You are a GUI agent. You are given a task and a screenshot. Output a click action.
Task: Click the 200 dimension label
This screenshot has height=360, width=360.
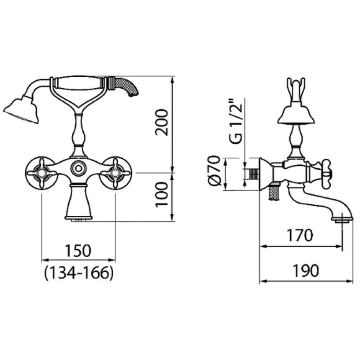click(161, 123)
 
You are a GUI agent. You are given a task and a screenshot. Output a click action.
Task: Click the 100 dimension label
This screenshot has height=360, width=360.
click(161, 194)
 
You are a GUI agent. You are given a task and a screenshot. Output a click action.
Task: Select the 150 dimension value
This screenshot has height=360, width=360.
click(78, 251)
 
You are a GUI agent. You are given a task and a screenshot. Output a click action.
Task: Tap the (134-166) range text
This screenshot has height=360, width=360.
click(79, 273)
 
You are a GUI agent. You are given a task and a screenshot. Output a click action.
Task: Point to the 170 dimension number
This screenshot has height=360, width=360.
click(300, 235)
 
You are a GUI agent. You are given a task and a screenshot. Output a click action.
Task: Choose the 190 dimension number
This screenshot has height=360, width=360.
click(306, 271)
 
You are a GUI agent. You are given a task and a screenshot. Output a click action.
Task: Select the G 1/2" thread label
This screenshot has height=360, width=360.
click(236, 121)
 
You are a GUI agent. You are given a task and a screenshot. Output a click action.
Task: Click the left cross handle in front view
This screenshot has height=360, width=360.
click(42, 173)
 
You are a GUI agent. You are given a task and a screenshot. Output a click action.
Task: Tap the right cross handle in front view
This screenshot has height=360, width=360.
click(115, 173)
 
